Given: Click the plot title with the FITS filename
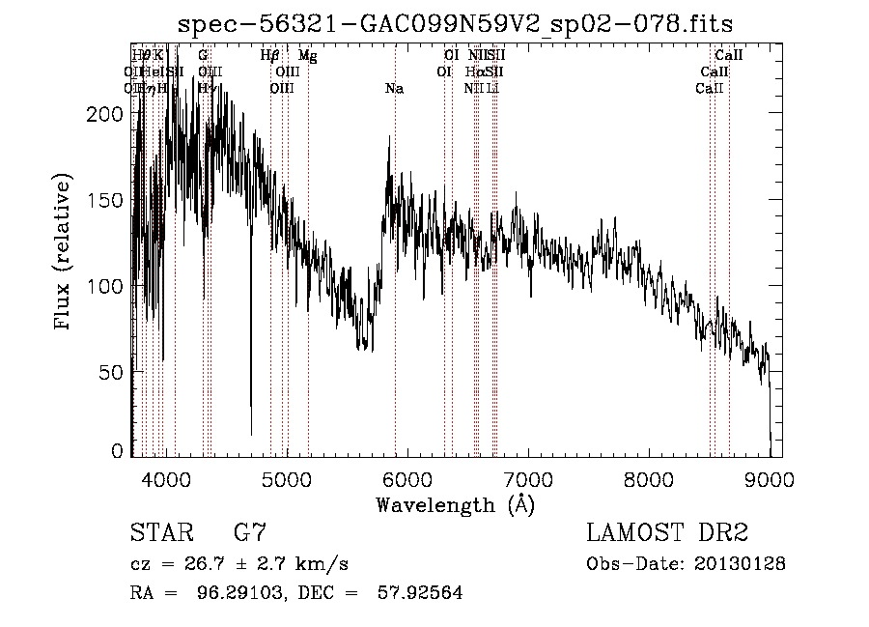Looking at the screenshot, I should pos(457,24).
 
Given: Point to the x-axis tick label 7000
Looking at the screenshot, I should pos(528,480).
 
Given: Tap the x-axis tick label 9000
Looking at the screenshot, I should pos(770,480).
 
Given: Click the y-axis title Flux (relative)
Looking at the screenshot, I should pos(64,254).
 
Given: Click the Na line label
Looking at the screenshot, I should pos(394,89).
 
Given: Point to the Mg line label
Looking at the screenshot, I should pos(307,56).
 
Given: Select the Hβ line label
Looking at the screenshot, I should pos(270,56).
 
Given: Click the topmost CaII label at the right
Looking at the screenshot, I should pos(728,56).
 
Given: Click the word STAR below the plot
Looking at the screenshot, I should pos(161,533).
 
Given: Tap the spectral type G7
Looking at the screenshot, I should pos(249,533).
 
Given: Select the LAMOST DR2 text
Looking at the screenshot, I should pos(667,533).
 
